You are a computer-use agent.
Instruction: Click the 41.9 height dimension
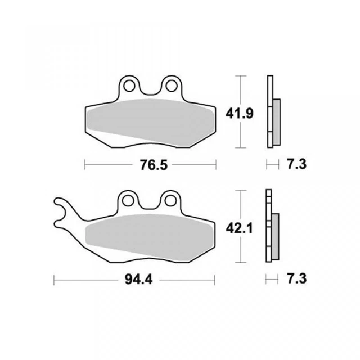pos(240,114)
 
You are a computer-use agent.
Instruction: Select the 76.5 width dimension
pos(154,165)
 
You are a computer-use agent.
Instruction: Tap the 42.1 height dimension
pos(239,228)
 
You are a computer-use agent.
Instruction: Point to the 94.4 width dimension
pos(139,280)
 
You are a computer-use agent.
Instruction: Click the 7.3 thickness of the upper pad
pos(297,164)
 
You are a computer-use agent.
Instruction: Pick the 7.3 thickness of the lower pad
pos(297,279)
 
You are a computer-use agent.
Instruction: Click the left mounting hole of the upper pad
pos(129,85)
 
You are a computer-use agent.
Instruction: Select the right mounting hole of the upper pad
pos(172,85)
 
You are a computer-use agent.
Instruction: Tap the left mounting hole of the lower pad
pos(128,200)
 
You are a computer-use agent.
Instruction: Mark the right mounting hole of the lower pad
pos(170,200)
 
